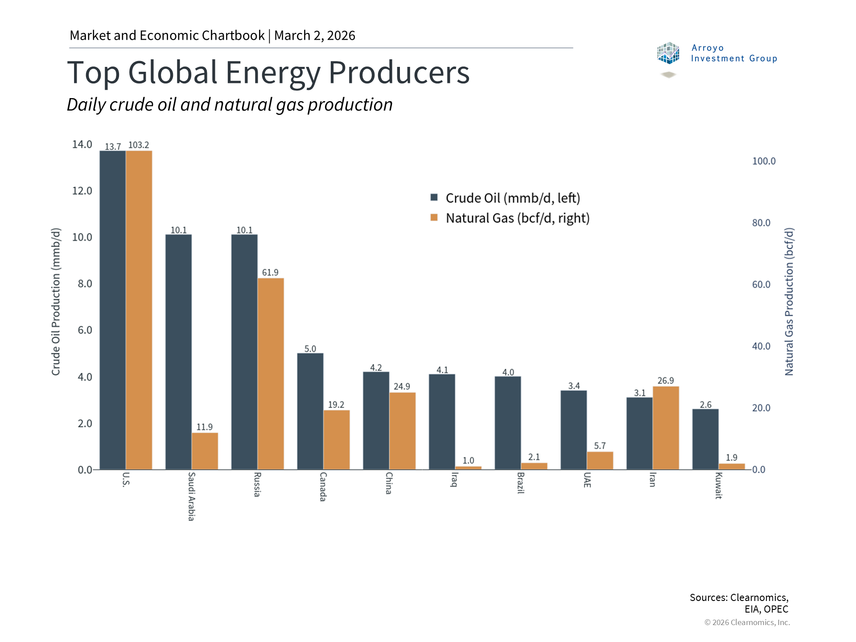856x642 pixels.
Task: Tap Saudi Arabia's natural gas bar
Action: tap(205, 451)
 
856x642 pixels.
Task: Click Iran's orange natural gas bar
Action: tap(666, 428)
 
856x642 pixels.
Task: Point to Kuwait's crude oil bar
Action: tap(705, 439)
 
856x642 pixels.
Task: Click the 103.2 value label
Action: tap(139, 145)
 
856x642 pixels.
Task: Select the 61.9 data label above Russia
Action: tap(270, 272)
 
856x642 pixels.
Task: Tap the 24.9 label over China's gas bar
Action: tap(402, 387)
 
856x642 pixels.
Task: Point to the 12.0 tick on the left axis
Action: tap(82, 191)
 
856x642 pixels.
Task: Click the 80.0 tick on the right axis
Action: tap(761, 223)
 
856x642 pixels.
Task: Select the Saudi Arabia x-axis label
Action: tap(191, 496)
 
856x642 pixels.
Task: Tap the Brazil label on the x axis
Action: tap(520, 483)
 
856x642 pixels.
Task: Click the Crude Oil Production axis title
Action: tap(56, 302)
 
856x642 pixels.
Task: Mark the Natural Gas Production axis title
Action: tap(789, 302)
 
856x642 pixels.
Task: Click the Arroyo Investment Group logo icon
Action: tap(668, 53)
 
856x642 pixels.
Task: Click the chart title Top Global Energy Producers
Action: tap(268, 72)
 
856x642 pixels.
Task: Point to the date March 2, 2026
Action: tap(315, 35)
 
